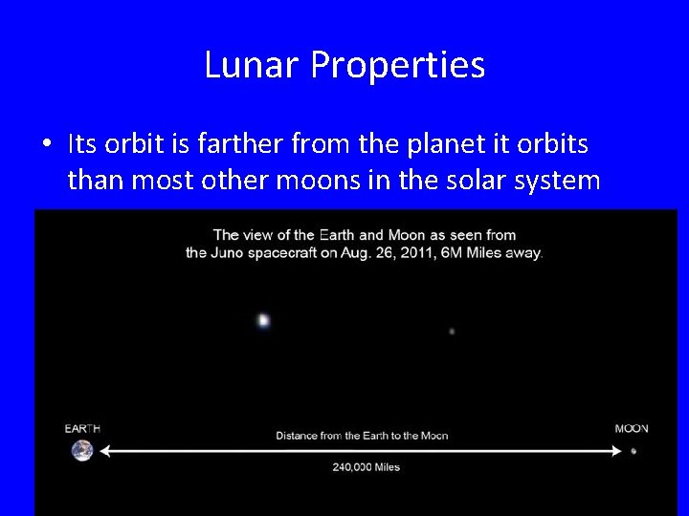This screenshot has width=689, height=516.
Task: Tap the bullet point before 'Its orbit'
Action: point(47,144)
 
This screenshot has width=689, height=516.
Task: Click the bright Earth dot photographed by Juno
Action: point(263,321)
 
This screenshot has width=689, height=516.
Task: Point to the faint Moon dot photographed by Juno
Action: point(452,332)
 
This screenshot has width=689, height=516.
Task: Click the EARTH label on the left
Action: point(82,428)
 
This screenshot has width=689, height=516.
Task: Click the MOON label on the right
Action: point(632,428)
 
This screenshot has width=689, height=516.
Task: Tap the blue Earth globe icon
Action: point(82,450)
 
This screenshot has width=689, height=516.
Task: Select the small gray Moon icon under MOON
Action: point(633,450)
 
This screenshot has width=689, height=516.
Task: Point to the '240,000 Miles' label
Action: point(366,467)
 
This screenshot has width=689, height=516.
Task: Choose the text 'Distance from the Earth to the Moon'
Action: point(362,436)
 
